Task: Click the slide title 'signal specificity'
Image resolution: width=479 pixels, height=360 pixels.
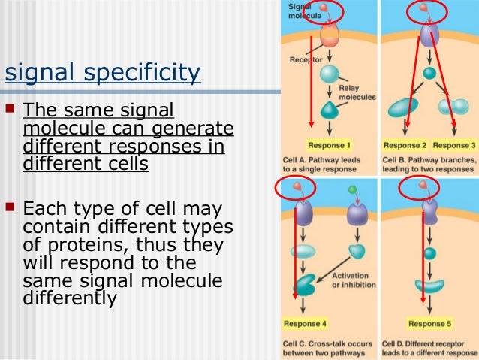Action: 103,74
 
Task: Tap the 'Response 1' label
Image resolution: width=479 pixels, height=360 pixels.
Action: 328,144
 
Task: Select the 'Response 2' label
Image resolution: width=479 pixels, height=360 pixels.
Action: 405,144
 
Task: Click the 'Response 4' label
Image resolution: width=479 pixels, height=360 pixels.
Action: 304,325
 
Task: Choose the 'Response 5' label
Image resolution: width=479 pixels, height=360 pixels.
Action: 427,325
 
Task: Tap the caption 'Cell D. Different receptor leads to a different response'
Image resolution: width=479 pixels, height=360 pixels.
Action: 429,348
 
